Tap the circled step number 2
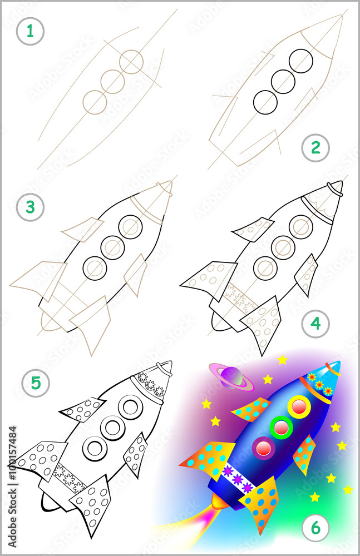315,148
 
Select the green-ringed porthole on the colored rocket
282,428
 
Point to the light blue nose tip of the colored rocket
334,370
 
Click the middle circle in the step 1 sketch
113,81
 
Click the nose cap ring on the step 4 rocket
334,187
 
